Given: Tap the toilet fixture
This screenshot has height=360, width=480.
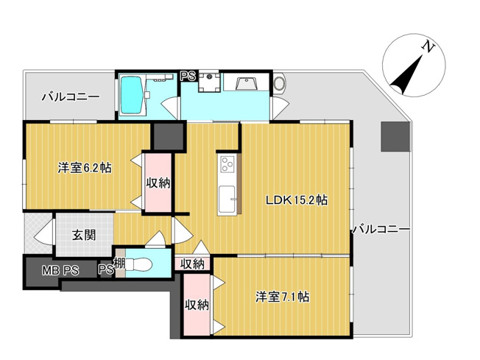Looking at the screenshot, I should pyautogui.click(x=144, y=266).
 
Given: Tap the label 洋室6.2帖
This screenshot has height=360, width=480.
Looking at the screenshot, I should pyautogui.click(x=85, y=168).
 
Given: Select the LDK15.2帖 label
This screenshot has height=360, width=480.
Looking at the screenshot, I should pyautogui.click(x=297, y=200).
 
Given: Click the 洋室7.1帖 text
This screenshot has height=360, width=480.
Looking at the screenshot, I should pyautogui.click(x=282, y=297).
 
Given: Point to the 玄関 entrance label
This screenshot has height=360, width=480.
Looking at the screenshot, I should pyautogui.click(x=82, y=236).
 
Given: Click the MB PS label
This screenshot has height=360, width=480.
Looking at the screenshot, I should pyautogui.click(x=60, y=269).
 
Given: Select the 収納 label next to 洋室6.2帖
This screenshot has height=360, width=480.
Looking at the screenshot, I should pyautogui.click(x=158, y=183).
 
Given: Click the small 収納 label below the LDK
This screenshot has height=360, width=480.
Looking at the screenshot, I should pyautogui.click(x=193, y=263).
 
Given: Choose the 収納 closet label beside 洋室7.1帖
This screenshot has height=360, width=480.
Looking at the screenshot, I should pyautogui.click(x=197, y=304).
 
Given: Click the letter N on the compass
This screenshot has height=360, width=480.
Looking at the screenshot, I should pyautogui.click(x=426, y=46).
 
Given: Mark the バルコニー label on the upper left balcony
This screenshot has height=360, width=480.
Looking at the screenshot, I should pyautogui.click(x=70, y=96).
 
